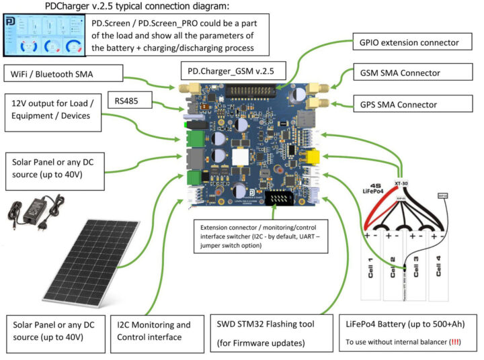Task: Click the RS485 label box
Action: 130,101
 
